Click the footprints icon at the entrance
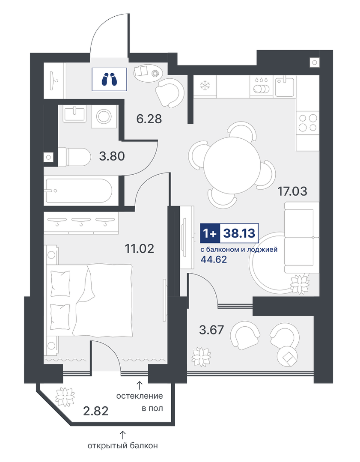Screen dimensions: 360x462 pos(109,79)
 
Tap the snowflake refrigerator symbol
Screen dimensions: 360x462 pos(204,86)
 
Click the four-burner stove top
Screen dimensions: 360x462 pos(307,122)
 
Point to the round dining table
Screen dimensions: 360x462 pos(232,165)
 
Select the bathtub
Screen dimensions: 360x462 pos(78,191)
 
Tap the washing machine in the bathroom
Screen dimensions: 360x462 pos(104,116)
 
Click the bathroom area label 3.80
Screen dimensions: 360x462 pos(112,156)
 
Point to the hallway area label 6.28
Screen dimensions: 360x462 pos(149,119)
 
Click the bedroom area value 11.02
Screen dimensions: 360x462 pos(140,249)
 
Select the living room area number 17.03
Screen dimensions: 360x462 pos(292,191)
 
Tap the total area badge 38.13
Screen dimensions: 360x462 pos(239,233)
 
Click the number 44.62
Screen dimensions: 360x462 pos(214,259)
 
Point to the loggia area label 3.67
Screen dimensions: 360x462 pos(211,330)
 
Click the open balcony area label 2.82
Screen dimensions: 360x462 pos(96,411)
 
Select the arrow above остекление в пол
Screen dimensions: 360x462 pos(139,385)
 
